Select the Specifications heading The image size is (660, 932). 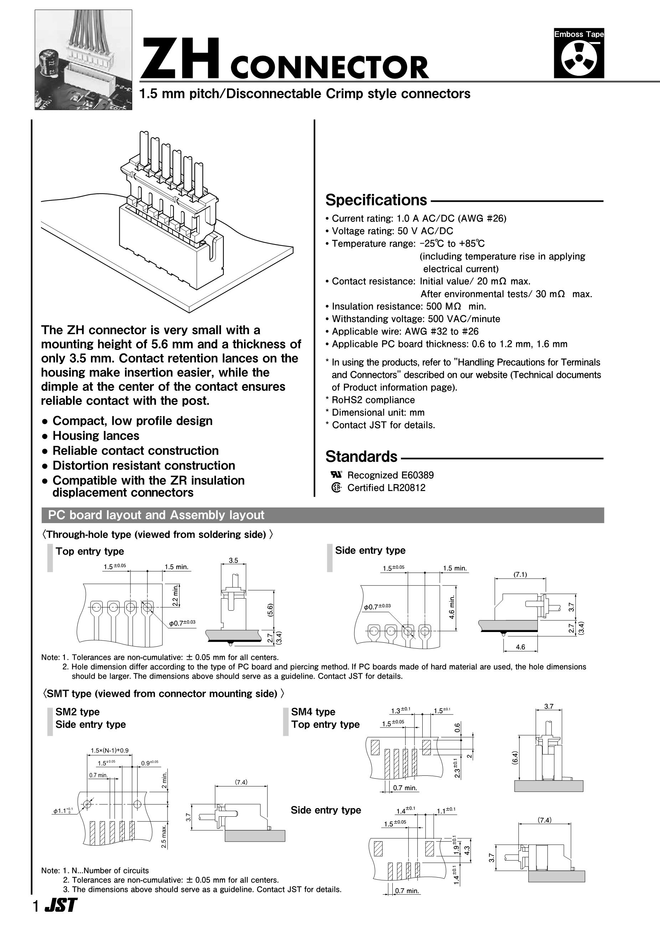coord(376,200)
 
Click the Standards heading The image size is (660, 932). coord(361,457)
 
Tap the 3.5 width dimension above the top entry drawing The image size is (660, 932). coord(233,560)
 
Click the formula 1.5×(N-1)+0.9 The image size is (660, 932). coord(109,750)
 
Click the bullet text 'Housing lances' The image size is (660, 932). coord(96,436)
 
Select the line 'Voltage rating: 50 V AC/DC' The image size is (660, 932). coord(392,231)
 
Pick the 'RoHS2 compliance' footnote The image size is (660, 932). coord(373,400)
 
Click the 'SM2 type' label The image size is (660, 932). coord(77,712)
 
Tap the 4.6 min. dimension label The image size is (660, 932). coord(452,607)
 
